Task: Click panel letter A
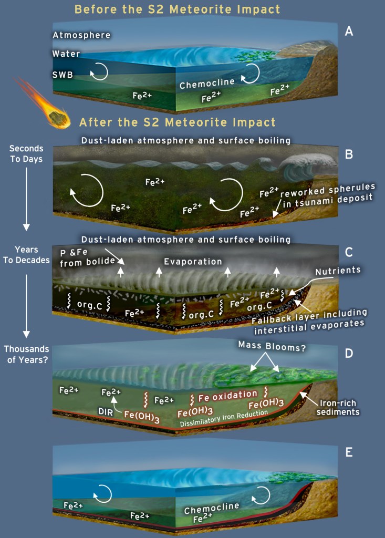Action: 349,32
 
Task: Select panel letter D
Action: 349,353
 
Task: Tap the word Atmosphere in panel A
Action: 81,35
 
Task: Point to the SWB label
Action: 63,75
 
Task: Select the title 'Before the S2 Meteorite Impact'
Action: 177,9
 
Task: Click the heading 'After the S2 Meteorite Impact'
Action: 177,123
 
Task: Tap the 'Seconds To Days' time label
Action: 26,154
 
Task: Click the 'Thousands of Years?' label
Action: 26,354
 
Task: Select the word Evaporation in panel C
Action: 193,262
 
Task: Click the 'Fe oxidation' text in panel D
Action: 227,394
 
